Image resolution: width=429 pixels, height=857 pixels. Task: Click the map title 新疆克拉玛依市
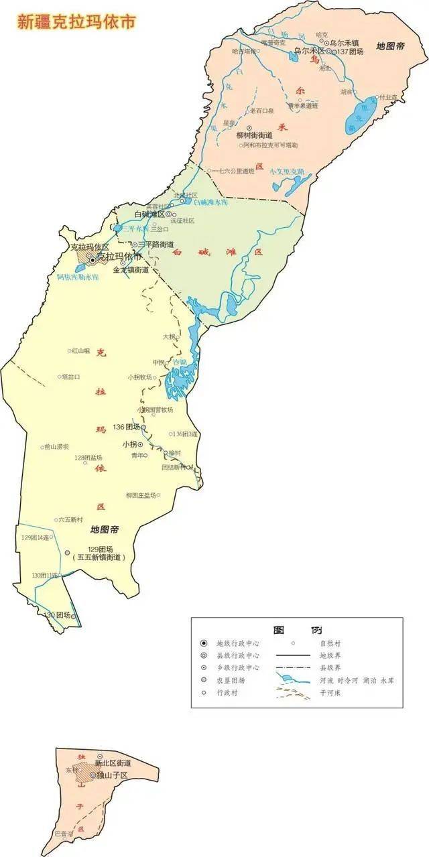76,21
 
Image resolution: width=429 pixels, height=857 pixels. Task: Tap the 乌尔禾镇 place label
347,42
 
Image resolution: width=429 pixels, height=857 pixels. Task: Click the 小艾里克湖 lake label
287,172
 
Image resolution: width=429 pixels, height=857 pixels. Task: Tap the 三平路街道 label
156,245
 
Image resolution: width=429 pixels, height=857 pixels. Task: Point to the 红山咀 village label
81,350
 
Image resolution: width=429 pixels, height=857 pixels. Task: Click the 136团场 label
127,427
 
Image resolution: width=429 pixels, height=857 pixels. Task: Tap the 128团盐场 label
89,458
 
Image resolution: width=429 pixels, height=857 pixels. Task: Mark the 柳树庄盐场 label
141,495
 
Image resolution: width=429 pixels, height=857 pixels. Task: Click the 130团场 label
57,615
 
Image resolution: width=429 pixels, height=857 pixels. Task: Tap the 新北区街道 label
113,763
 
